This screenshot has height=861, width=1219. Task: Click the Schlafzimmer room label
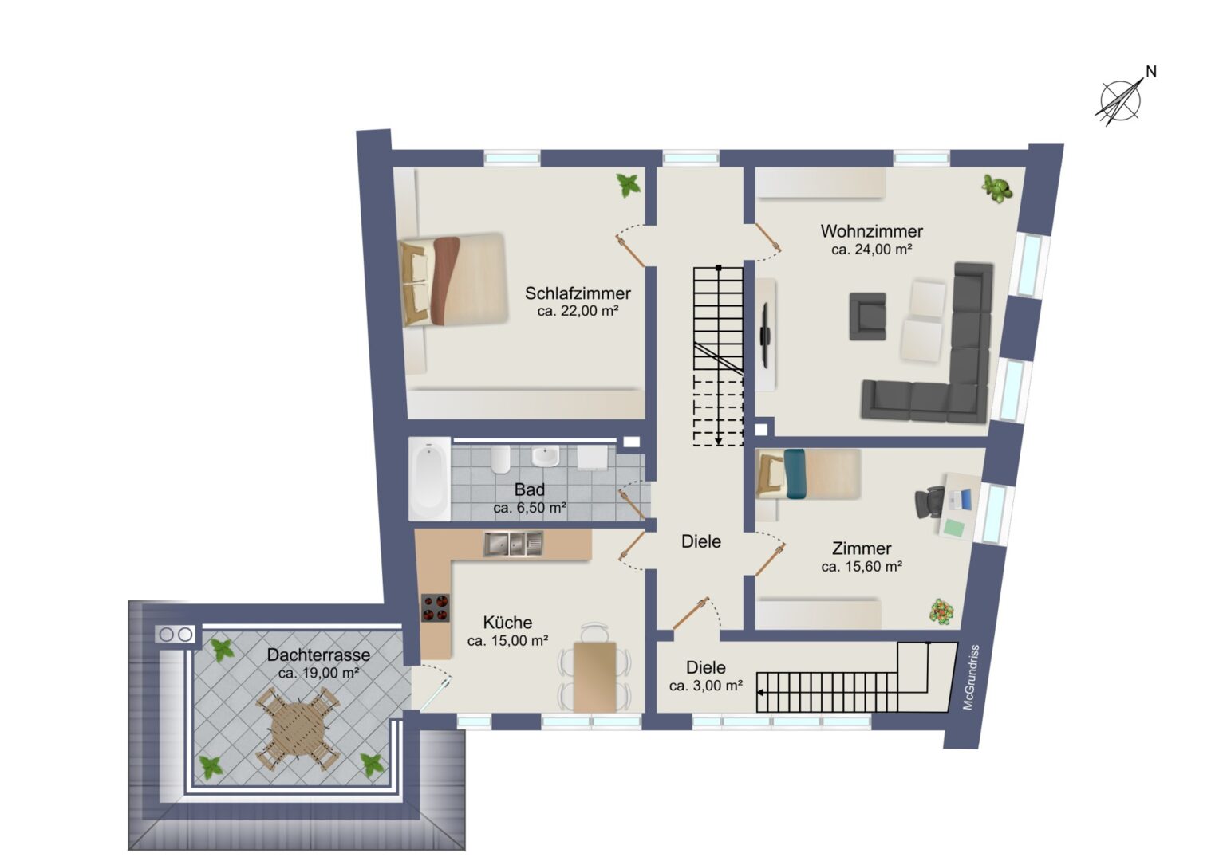578,293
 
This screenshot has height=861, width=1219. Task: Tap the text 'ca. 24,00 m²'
871,249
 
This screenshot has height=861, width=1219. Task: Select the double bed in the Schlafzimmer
453,280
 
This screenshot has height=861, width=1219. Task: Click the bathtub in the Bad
429,478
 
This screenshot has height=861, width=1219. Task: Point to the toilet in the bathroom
500,459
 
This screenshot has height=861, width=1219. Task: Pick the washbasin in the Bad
545,456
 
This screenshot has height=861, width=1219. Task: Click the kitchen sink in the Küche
513,544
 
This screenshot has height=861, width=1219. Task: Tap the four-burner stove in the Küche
436,607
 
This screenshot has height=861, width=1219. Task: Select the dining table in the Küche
595,676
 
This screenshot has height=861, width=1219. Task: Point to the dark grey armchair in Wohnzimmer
867,316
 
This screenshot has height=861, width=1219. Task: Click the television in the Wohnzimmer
764,334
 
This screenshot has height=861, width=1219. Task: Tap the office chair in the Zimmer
929,502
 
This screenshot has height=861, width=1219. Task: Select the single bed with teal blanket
808,474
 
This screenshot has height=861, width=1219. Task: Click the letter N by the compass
1150,71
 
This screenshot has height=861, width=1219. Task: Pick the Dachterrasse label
318,655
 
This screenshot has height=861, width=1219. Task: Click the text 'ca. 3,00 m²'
706,686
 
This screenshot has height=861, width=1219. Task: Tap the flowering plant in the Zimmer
941,611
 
